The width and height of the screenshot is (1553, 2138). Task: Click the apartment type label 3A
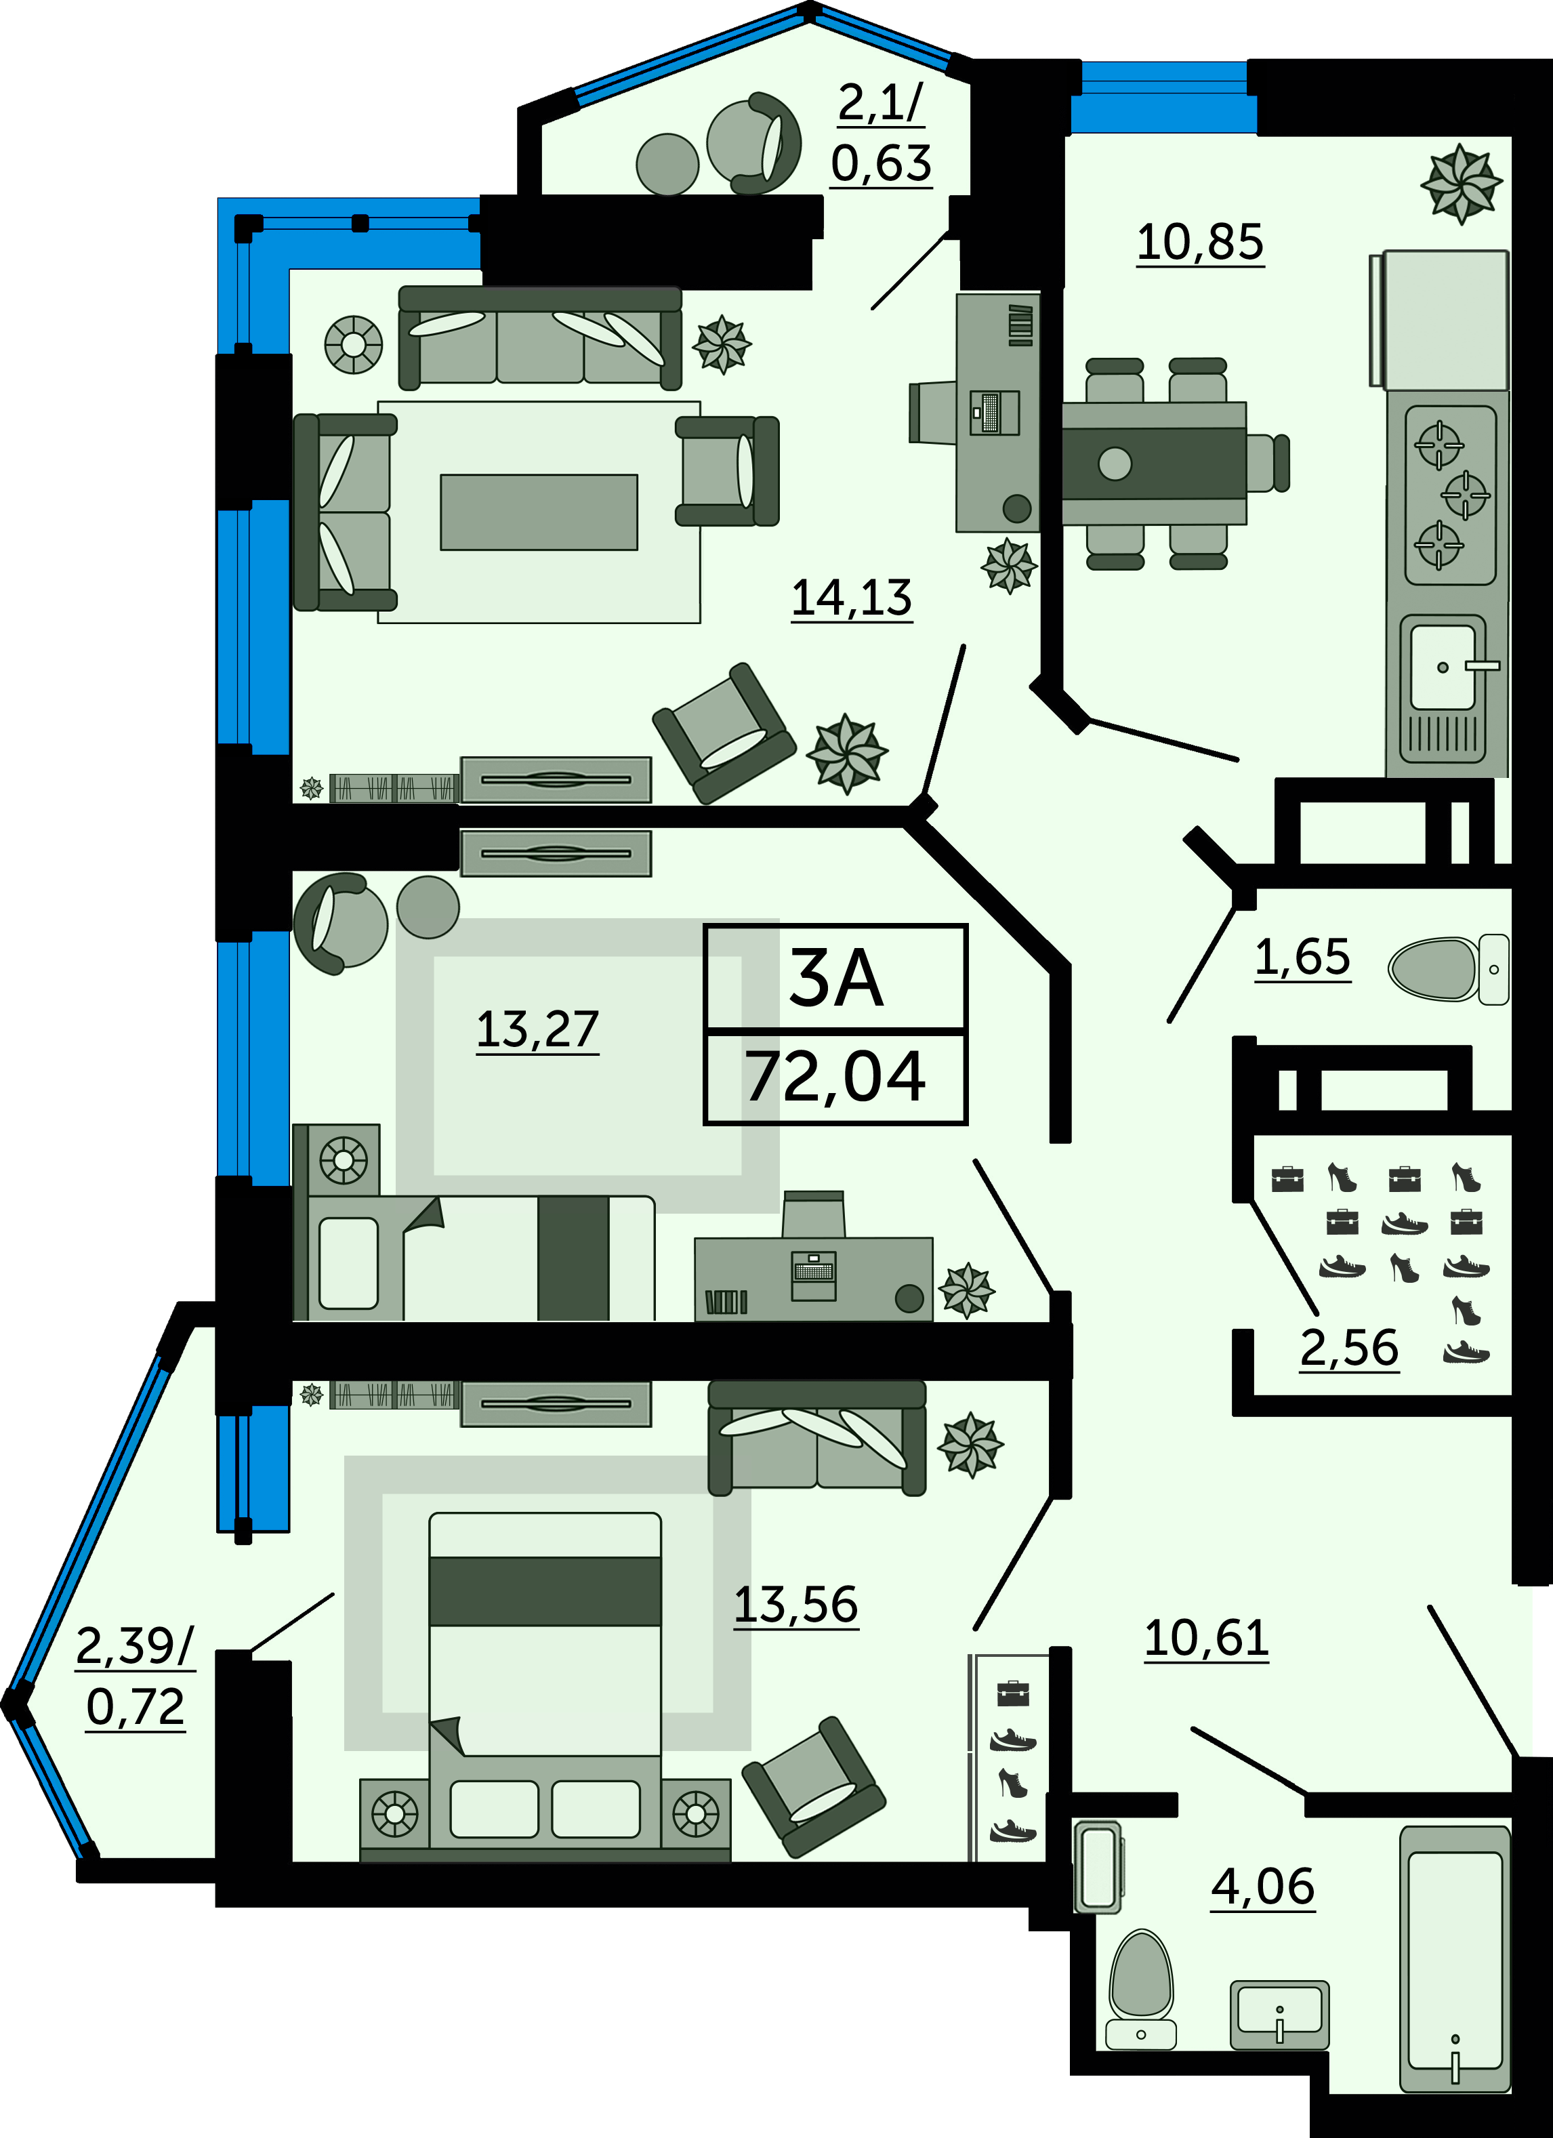836,979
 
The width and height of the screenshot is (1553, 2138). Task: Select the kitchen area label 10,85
1199,243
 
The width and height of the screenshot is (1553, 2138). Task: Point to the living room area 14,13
852,598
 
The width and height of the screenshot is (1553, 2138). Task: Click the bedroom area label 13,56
796,1605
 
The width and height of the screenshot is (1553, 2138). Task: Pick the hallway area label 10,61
1206,1639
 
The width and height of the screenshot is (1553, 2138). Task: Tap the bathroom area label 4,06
1263,1887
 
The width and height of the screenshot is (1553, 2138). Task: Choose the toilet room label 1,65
1302,957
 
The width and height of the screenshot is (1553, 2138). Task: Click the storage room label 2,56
1350,1348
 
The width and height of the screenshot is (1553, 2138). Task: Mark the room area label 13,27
537,1029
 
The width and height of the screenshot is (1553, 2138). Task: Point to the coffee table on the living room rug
539,512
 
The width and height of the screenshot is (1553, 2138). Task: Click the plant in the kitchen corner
1461,184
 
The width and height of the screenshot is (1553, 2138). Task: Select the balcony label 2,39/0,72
136,1677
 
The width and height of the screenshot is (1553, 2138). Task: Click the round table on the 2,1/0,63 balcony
667,164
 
